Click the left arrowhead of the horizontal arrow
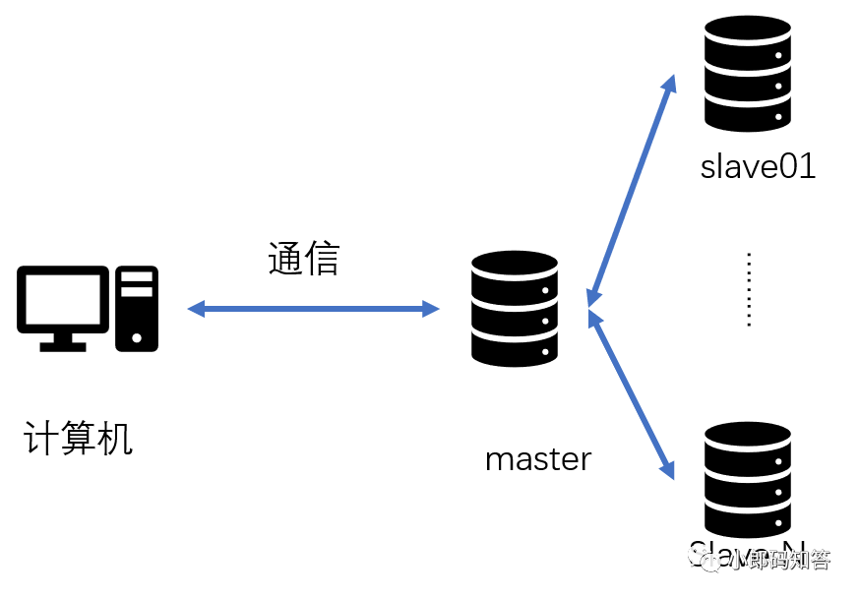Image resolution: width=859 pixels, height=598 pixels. pos(194,309)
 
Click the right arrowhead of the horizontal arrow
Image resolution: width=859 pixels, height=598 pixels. pos(433,309)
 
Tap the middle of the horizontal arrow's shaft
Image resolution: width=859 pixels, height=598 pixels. pos(313,309)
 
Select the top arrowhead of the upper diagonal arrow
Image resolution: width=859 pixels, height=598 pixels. pos(670,82)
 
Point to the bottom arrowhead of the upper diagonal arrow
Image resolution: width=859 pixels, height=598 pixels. pos(591,298)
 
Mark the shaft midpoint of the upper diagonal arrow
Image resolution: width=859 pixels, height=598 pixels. pos(631,190)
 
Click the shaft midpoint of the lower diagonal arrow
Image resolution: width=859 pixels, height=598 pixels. pos(631,394)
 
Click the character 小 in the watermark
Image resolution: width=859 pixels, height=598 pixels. pos(739,560)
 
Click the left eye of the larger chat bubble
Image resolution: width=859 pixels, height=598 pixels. pos(694,552)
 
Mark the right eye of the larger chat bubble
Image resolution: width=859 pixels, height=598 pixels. pos(702,552)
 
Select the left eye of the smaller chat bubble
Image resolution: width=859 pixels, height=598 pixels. pos(707,562)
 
